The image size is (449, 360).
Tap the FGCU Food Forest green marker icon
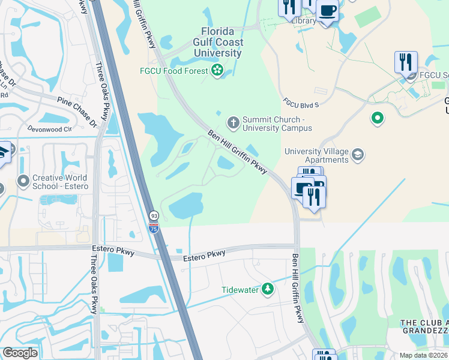217,72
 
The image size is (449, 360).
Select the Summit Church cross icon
233,123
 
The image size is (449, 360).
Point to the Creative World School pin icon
23,181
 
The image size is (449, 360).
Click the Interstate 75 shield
154,226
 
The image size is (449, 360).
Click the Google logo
20,353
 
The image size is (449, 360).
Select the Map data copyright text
424,355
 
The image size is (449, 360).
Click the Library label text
303,20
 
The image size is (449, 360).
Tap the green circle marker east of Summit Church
377,118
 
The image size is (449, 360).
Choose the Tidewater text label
240,290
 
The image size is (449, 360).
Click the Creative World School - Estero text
60,182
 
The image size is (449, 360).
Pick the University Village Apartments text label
316,155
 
